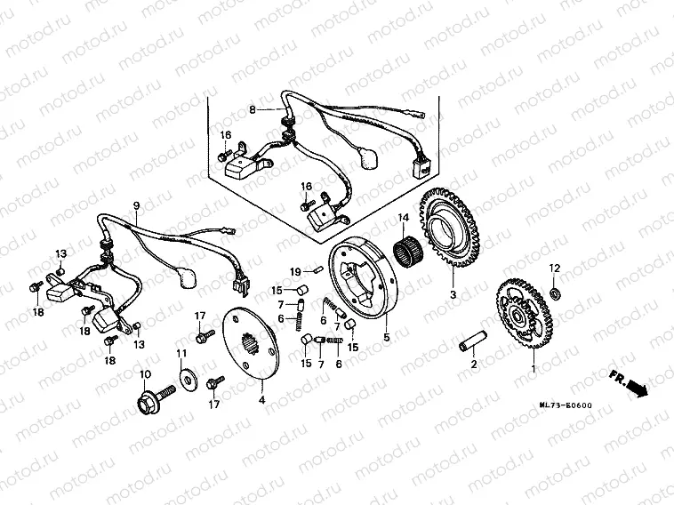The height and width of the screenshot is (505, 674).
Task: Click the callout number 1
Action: (x=534, y=368)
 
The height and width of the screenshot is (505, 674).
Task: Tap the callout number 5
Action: (x=386, y=337)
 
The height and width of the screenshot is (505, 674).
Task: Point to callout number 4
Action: (x=261, y=400)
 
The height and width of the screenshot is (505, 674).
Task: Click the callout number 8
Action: (x=253, y=109)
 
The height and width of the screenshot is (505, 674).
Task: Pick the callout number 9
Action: (x=136, y=205)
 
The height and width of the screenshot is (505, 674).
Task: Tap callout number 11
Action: (x=181, y=354)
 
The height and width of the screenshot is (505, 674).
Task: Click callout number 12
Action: (x=553, y=268)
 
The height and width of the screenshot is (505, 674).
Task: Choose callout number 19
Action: (x=295, y=270)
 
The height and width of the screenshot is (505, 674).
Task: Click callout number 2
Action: (x=473, y=364)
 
